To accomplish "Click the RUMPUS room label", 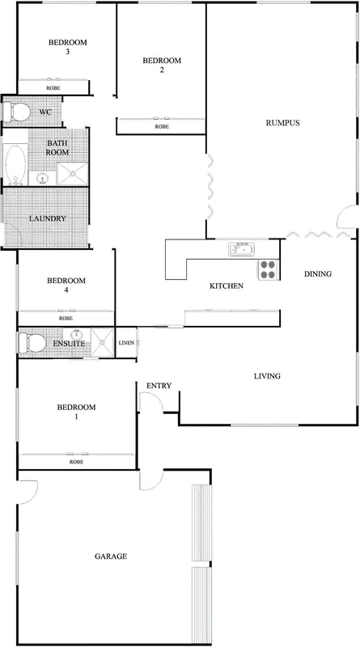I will [283, 123].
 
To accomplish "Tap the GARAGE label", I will [111, 556].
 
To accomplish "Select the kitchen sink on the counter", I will [241, 249].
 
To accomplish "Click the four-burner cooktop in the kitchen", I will [268, 269].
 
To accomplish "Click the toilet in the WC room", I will [16, 111].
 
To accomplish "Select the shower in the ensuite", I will [103, 342].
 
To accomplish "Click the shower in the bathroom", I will [73, 170].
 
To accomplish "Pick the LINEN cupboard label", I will [126, 343].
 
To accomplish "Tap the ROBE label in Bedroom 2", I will [162, 127].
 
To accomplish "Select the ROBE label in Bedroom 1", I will [76, 462].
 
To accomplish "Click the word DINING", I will [318, 274].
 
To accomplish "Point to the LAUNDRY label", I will [47, 219].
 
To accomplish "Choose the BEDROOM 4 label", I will [66, 286].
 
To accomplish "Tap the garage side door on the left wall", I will [26, 490].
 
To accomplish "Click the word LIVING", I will [267, 376].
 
